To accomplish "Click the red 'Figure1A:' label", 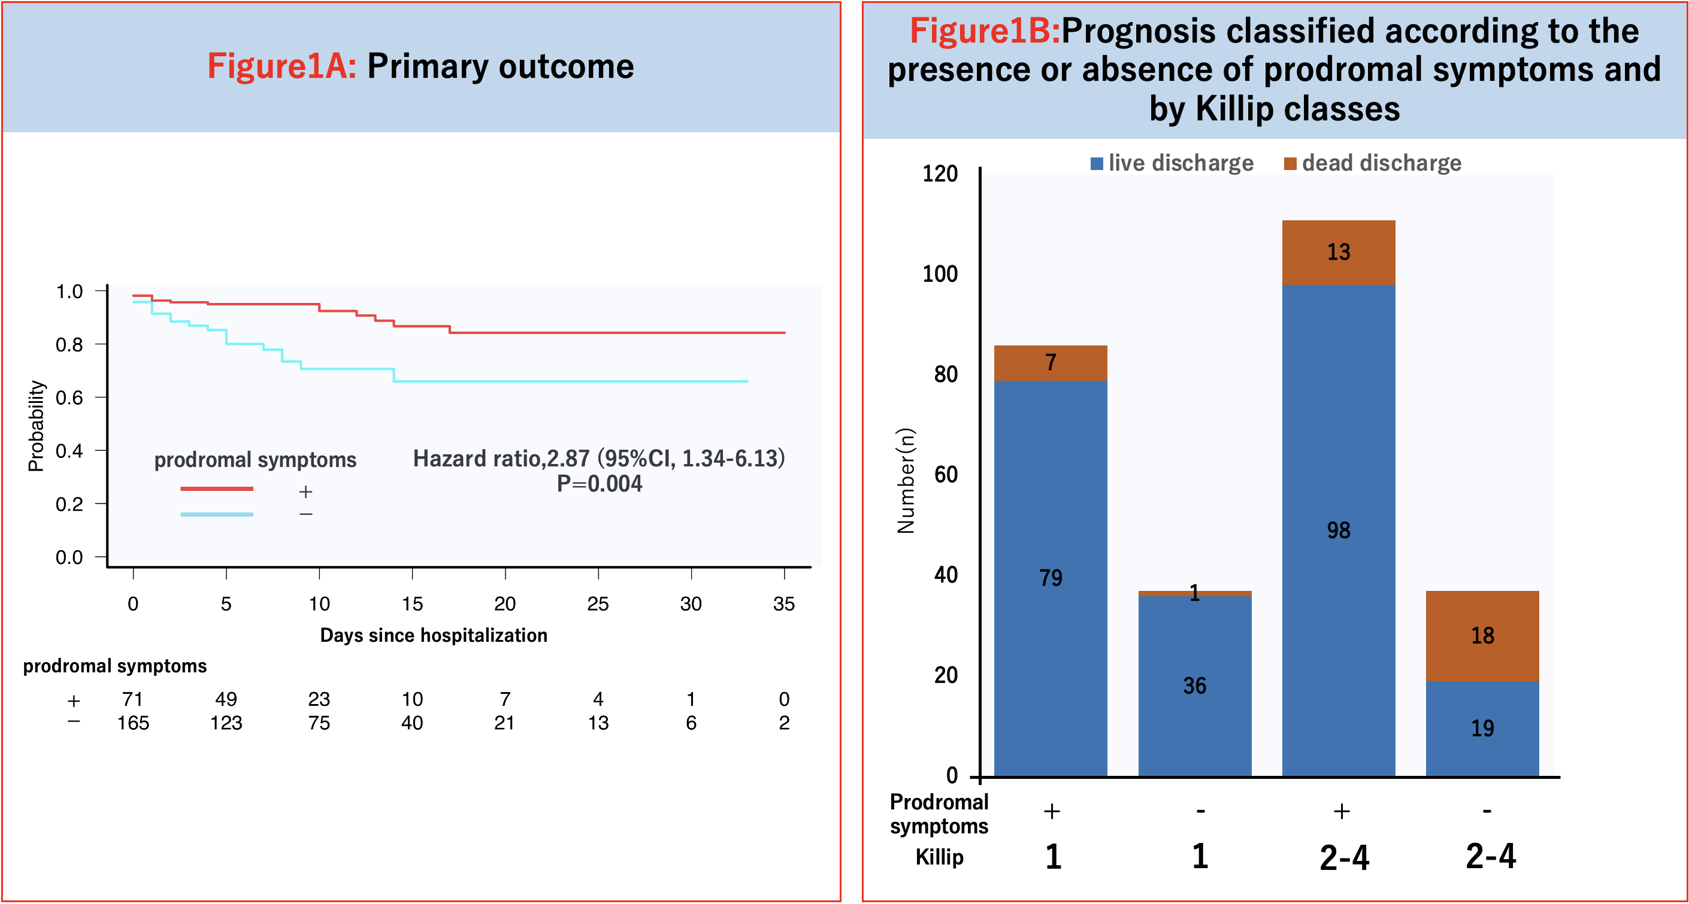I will point(282,66).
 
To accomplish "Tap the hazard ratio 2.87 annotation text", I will point(598,458).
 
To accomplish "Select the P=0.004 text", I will point(600,484).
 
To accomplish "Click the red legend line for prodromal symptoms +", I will point(216,489).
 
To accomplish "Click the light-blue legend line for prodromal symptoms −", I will point(216,514).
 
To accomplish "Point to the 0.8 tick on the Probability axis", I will point(69,344).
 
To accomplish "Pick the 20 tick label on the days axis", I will point(505,603).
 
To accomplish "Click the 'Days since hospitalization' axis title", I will point(434,635).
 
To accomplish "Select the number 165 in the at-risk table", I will point(133,723).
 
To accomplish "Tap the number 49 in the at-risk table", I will point(226,699).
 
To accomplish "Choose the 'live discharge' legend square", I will point(1096,163).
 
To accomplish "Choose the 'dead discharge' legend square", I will point(1290,163).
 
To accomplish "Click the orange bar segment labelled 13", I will point(1338,253).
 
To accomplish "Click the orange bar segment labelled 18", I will point(1482,635).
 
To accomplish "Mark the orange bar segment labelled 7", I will point(1051,363).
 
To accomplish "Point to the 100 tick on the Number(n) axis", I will point(940,274).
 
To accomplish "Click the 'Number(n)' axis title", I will point(906,481).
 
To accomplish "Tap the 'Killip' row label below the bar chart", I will point(939,857).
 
